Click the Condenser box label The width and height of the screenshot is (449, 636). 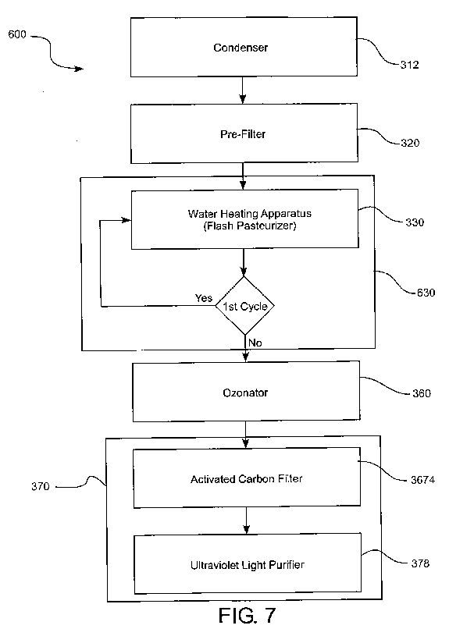[241, 48]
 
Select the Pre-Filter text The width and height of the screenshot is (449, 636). [243, 134]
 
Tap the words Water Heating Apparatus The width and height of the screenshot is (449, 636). [250, 213]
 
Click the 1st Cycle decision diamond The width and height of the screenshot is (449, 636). [244, 306]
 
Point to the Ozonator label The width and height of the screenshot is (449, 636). [245, 393]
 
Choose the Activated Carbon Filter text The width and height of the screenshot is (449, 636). [247, 479]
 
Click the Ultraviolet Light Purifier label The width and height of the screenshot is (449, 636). [248, 565]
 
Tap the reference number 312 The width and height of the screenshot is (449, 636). [409, 65]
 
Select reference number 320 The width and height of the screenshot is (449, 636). [410, 143]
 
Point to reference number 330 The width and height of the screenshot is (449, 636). [415, 222]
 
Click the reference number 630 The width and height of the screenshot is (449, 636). [426, 293]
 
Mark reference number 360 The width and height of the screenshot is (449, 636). [422, 393]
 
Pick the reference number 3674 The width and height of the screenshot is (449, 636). [422, 480]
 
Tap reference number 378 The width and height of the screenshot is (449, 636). [420, 563]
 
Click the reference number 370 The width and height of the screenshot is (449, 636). [40, 486]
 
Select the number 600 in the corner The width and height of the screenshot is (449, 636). [17, 34]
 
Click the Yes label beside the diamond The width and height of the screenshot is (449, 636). [203, 298]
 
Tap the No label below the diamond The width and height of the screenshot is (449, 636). [255, 343]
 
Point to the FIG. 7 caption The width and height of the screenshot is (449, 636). [247, 616]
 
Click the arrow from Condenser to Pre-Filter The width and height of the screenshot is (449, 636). [242, 90]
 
